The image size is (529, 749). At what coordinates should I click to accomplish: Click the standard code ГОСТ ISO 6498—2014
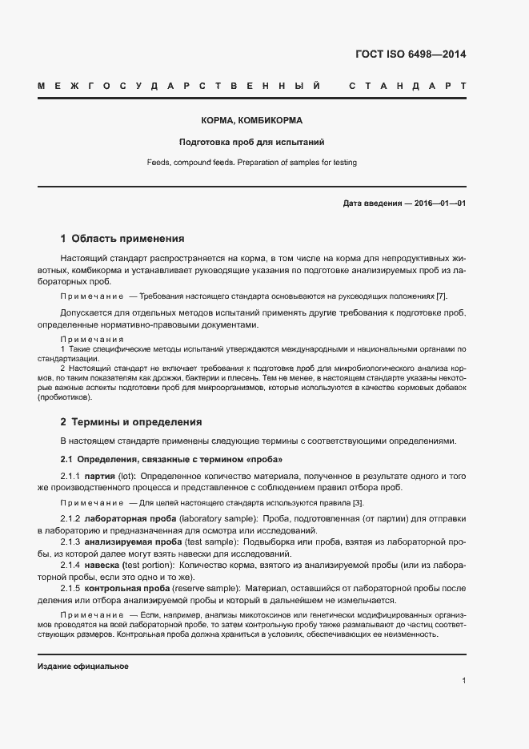(410, 55)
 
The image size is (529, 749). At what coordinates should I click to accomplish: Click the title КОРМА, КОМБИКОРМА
(251, 121)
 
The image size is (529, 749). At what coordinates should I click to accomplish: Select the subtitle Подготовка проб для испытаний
(251, 143)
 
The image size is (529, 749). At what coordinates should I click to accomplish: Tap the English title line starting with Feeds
(251, 163)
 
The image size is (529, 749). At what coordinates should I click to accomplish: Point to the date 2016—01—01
(440, 203)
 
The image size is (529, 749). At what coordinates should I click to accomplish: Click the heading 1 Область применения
(122, 239)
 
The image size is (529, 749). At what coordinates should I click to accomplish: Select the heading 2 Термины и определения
(131, 422)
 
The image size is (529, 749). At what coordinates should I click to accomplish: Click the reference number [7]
(452, 296)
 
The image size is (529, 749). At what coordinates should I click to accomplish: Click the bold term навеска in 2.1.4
(102, 566)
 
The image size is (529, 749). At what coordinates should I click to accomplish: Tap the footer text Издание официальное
(83, 666)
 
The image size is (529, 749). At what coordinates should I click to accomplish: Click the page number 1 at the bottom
(463, 681)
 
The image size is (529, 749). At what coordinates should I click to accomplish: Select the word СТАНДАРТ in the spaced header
(408, 85)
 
